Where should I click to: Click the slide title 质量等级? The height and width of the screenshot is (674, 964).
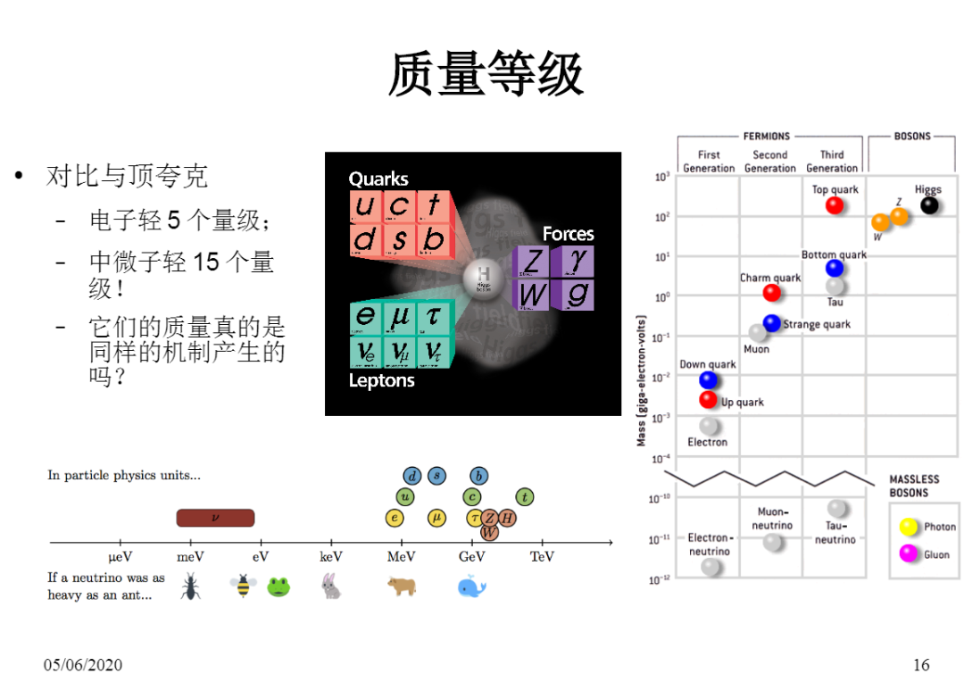pos(486,73)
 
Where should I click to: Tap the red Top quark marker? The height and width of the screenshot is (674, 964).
pos(835,205)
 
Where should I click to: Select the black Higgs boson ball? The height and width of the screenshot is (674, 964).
pos(929,205)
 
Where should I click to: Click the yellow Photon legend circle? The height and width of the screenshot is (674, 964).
pos(909,527)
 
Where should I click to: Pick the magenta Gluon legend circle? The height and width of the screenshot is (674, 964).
pos(909,553)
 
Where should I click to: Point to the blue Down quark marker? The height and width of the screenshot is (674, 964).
pos(709,380)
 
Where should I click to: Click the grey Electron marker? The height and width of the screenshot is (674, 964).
pos(709,426)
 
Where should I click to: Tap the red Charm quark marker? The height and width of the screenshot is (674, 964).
pos(772,293)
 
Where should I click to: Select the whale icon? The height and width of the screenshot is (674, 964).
pos(471,587)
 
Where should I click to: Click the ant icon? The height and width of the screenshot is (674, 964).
pos(190,587)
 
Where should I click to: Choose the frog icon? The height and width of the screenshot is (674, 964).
pos(278,587)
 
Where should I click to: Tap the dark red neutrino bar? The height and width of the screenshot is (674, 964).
pos(215,518)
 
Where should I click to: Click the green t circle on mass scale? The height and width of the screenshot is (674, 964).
pos(525,497)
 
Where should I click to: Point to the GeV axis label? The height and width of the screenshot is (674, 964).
pos(472,556)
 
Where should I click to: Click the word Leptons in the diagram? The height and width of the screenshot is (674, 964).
pos(381,381)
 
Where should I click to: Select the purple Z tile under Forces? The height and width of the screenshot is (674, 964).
pos(533,262)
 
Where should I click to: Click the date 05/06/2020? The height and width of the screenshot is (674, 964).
pos(83,664)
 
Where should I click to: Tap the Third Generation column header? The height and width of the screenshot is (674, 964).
pos(832,161)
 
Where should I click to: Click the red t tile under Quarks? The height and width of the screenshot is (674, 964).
pos(434,206)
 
